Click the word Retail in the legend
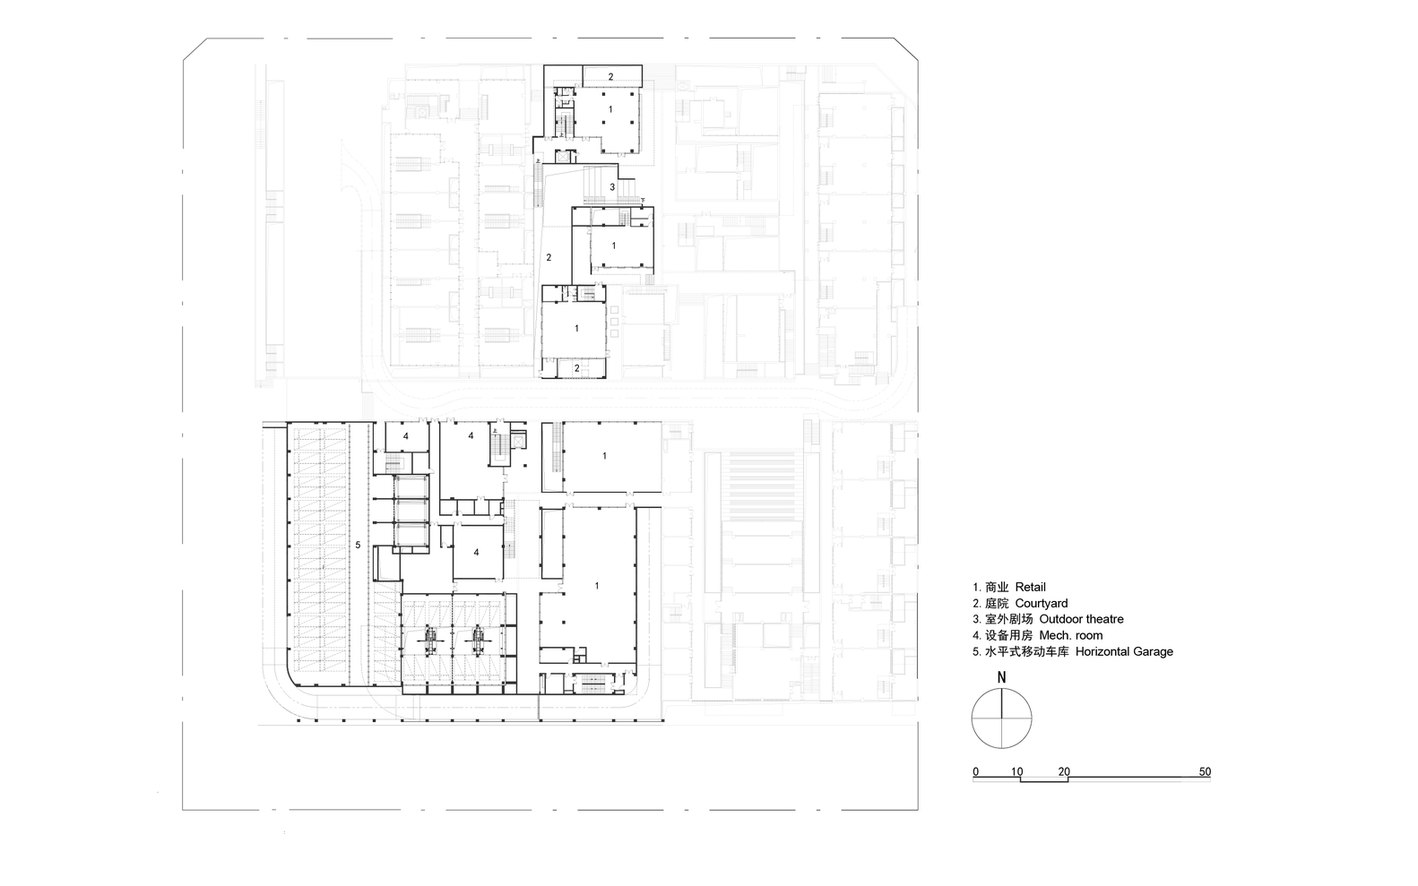click(x=1031, y=587)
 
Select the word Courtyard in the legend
click(x=1042, y=603)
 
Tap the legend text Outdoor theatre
click(x=1081, y=619)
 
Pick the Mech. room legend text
click(x=1071, y=635)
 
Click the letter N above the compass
click(x=1002, y=677)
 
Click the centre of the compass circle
click(x=1002, y=718)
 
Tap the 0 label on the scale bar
click(x=975, y=771)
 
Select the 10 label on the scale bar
click(x=1017, y=771)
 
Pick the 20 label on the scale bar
click(x=1064, y=771)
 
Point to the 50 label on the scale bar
click(x=1205, y=771)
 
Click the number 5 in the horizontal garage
click(x=358, y=545)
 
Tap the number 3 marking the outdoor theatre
click(x=612, y=187)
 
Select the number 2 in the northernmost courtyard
click(x=611, y=77)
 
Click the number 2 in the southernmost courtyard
click(x=576, y=367)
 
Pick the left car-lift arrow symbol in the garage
click(x=431, y=639)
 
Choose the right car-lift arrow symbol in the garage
click(x=478, y=639)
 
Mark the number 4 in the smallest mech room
click(x=405, y=436)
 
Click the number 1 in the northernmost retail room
click(x=611, y=108)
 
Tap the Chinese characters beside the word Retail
click(x=997, y=587)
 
